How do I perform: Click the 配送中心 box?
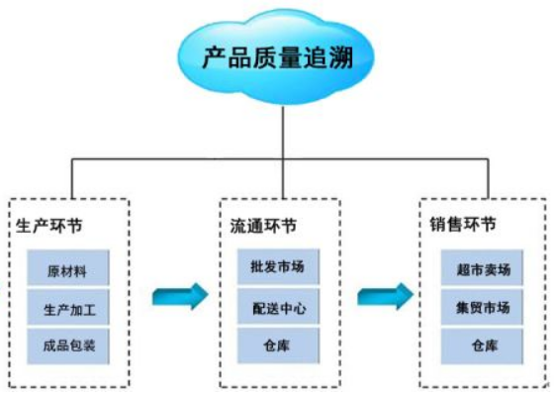pyautogui.click(x=278, y=308)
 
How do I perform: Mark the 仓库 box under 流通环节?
pyautogui.click(x=278, y=346)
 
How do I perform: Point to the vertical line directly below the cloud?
pyautogui.click(x=282, y=129)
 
